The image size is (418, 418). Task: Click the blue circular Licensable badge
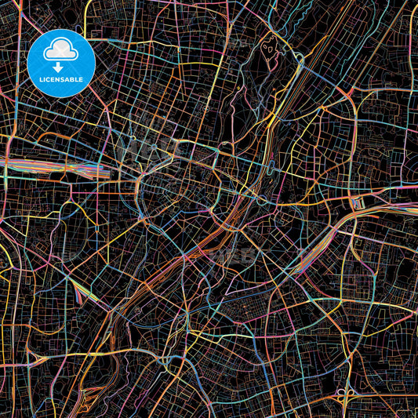[x=61, y=63]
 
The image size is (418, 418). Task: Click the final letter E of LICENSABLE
[x=82, y=78]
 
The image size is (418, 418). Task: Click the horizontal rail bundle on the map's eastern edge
[x=392, y=205]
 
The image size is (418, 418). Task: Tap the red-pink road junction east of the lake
[x=299, y=58]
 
